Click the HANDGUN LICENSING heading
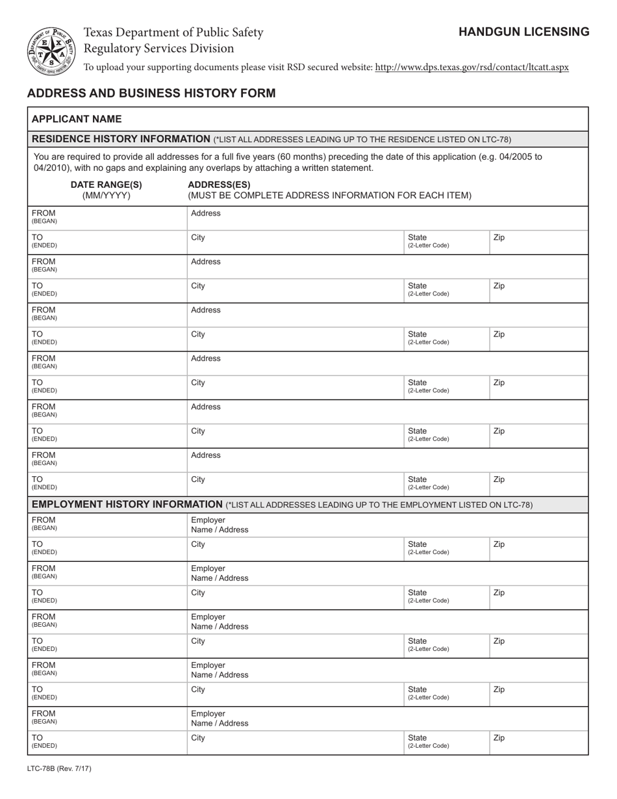pyautogui.click(x=523, y=32)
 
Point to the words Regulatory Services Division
pyautogui.click(x=158, y=49)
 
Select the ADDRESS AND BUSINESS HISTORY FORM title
pyautogui.click(x=151, y=93)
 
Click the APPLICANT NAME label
pyautogui.click(x=77, y=119)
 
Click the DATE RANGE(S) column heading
pyautogui.click(x=106, y=184)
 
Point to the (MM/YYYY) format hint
pyautogui.click(x=106, y=196)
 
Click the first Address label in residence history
pyautogui.click(x=206, y=214)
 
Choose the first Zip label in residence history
pyautogui.click(x=499, y=238)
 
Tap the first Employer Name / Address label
pyautogui.click(x=220, y=525)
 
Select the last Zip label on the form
pyautogui.click(x=499, y=738)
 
